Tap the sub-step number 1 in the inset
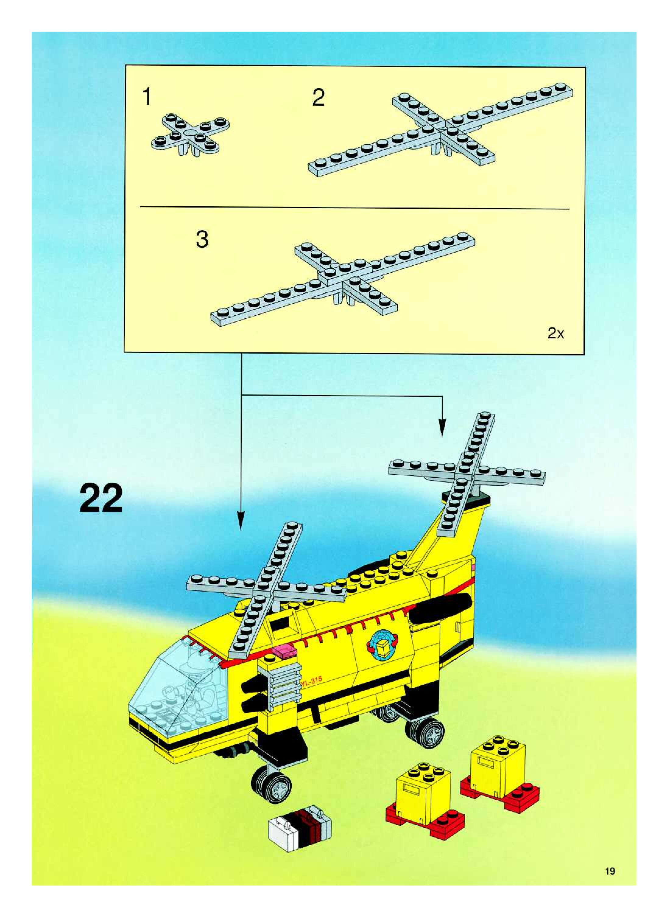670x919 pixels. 147,97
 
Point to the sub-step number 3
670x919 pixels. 202,239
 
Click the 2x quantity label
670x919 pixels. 555,334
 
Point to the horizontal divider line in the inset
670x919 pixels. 354,208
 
